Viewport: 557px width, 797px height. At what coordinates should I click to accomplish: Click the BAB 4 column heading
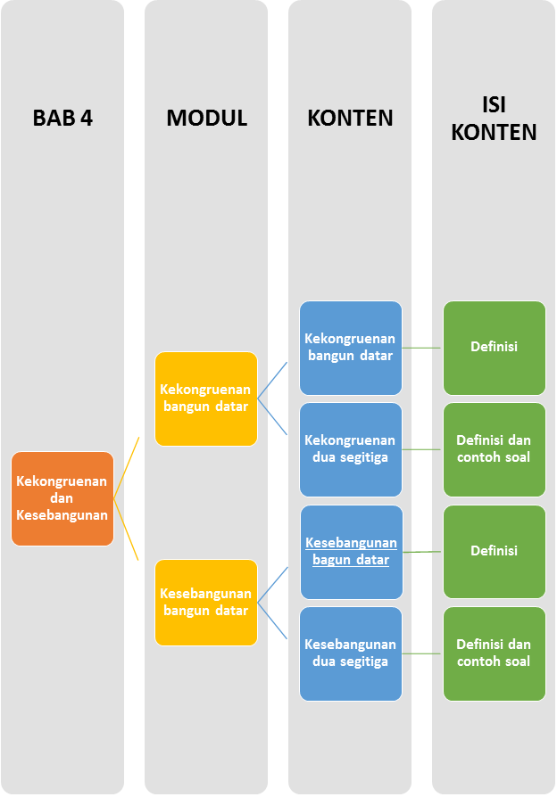click(62, 119)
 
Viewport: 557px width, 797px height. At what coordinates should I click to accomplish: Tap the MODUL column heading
click(206, 119)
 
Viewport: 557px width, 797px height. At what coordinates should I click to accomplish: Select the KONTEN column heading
click(350, 119)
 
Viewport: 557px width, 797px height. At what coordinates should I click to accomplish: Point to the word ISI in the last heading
click(494, 104)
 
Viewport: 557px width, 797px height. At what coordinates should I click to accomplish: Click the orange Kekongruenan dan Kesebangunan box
click(62, 498)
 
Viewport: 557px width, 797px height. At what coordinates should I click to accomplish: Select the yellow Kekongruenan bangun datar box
click(206, 398)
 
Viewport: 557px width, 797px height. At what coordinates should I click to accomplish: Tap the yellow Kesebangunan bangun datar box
click(206, 602)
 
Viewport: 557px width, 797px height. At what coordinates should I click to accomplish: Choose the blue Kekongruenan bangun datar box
click(350, 348)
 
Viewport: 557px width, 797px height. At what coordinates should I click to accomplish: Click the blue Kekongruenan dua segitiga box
click(350, 449)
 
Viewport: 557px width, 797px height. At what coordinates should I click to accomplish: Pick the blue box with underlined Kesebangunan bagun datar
click(350, 552)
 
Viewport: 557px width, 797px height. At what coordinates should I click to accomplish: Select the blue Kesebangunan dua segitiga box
click(350, 653)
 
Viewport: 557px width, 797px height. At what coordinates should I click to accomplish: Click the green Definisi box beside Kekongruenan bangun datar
click(494, 348)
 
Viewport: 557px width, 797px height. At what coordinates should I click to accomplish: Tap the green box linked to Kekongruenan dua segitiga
click(494, 449)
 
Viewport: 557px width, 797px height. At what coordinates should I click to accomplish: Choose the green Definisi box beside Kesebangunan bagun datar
click(494, 552)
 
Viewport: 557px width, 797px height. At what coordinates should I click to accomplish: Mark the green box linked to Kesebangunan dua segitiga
click(494, 653)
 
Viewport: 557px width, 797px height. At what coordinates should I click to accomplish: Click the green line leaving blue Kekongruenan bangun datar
click(421, 348)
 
